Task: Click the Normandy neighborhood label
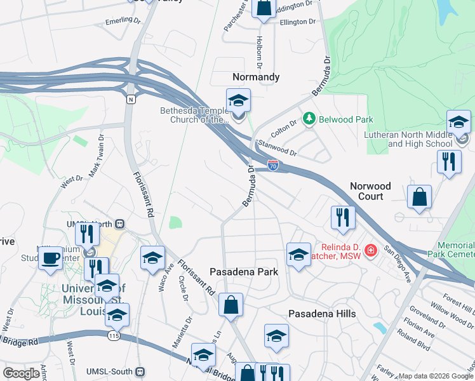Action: tap(257, 77)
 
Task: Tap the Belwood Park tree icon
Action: tap(310, 119)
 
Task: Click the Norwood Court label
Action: tap(375, 191)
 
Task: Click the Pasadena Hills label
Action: tap(322, 314)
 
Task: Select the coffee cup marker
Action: tap(51, 258)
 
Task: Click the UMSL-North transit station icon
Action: tap(119, 224)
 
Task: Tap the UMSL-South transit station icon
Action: tap(140, 371)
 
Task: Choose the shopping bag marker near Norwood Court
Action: tap(420, 198)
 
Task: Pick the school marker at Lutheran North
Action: tap(458, 123)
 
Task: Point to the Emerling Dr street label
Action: tap(122, 20)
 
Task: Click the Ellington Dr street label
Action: tap(298, 22)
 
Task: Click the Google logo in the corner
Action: tap(21, 373)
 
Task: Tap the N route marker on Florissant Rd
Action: tap(131, 99)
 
